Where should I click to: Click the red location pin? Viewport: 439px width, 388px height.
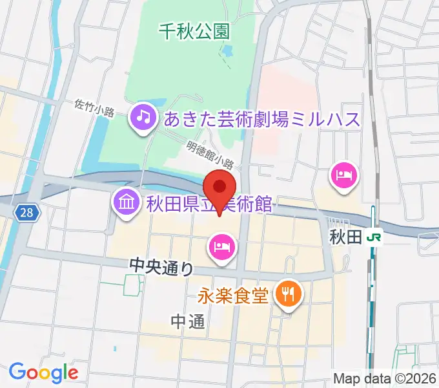219,188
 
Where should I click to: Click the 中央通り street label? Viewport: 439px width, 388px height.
161,264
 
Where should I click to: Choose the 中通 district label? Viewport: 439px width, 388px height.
189,321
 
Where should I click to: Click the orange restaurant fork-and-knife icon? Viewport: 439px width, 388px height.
286,295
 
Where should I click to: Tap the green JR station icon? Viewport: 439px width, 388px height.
373,237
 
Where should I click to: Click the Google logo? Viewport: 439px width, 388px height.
43,372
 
